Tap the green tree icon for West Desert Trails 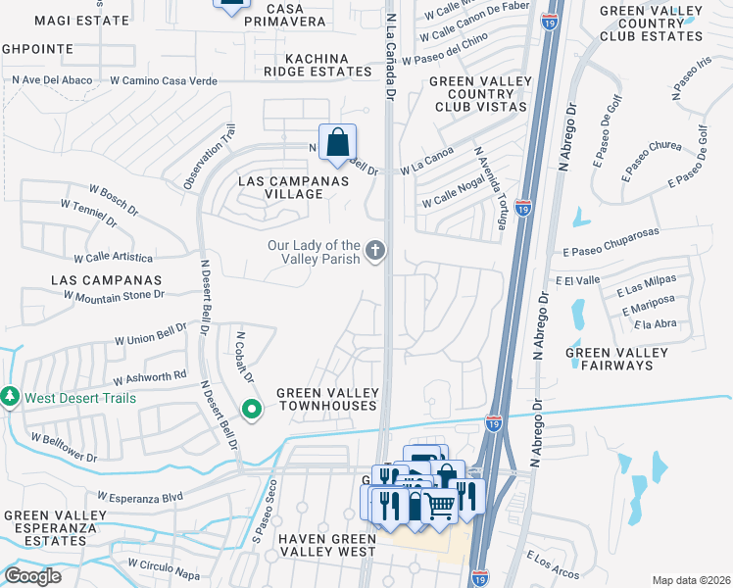11,397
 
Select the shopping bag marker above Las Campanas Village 337,143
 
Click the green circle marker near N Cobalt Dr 252,409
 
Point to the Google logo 33,576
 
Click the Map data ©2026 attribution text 691,579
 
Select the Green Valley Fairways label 609,359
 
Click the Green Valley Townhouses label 326,399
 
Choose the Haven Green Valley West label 326,545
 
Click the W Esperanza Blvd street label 140,497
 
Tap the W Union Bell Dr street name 150,335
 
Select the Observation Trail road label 209,157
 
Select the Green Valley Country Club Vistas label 480,93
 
